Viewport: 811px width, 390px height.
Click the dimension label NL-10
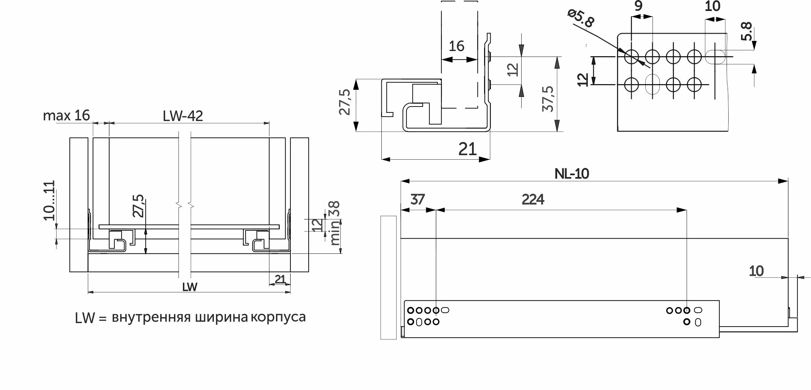tap(572, 174)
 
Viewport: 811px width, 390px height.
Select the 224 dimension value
tap(533, 200)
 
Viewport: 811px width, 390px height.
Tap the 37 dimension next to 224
tap(418, 200)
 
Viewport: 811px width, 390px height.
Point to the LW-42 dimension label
tap(183, 116)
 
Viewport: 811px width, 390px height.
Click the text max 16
tap(66, 116)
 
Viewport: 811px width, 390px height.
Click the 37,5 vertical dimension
tap(548, 99)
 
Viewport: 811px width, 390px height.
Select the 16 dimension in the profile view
tap(456, 46)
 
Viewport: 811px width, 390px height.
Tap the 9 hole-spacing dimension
tap(638, 6)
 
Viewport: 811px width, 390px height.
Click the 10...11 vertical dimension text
tap(49, 200)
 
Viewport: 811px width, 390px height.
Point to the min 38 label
tap(335, 223)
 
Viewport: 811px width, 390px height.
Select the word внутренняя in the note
tap(151, 317)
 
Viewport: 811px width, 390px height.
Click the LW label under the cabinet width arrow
tap(189, 287)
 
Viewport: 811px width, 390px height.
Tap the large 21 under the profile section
tap(467, 149)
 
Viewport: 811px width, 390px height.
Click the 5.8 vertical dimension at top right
tap(746, 31)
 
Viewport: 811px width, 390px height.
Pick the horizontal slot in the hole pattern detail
tap(715, 57)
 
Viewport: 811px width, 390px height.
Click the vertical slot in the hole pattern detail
tap(652, 84)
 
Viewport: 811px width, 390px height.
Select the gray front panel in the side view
tap(388, 278)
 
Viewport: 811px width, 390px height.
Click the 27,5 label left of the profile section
tap(345, 102)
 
